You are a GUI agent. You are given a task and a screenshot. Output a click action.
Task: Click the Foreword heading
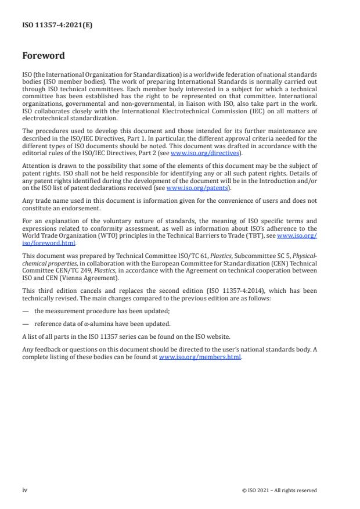(44, 56)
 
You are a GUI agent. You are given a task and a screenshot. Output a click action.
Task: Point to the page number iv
(24, 490)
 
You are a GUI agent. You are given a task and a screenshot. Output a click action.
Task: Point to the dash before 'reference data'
(26, 324)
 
